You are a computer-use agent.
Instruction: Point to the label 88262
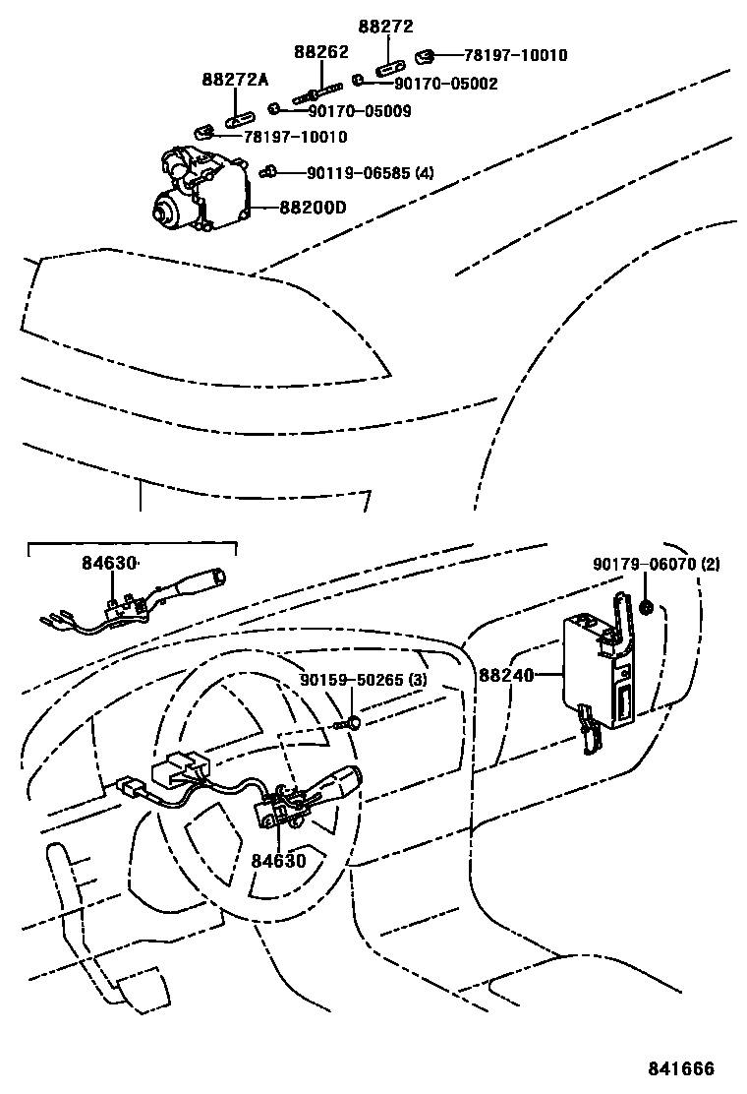321,51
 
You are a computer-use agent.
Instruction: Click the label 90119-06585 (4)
370,173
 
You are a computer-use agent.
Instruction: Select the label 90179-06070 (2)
656,565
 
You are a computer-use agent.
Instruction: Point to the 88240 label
505,676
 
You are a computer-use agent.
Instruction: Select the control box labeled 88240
595,674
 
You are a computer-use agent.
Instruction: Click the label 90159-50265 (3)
364,680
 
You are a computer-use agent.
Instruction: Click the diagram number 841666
680,1069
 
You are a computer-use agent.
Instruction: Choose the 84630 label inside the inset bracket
109,563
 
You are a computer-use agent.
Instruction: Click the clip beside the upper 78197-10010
426,55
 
